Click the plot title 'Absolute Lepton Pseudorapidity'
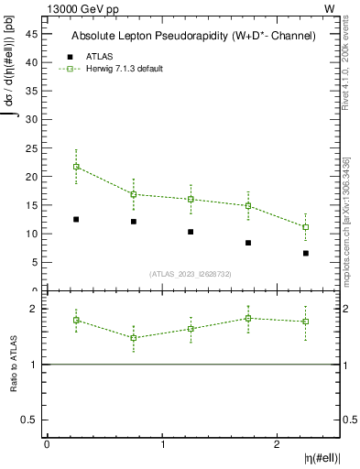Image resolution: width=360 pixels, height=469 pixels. pyautogui.click(x=193, y=36)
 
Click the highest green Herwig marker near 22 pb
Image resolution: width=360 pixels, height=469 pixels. pyautogui.click(x=76, y=167)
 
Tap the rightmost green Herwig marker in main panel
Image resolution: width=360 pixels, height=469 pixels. pyautogui.click(x=306, y=227)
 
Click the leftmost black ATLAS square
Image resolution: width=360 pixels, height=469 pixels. pyautogui.click(x=76, y=219)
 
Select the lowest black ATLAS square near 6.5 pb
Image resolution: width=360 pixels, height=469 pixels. pyautogui.click(x=306, y=253)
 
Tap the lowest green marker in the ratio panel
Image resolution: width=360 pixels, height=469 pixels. pyautogui.click(x=134, y=338)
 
